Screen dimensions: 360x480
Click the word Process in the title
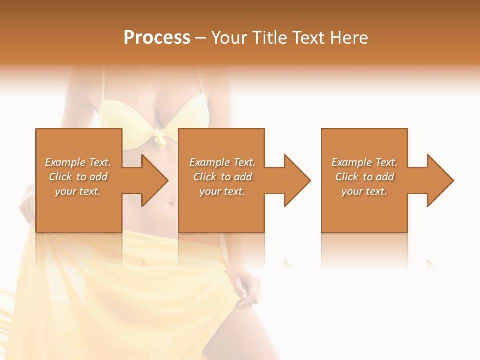pos(157,38)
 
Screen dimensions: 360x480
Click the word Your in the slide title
pos(230,38)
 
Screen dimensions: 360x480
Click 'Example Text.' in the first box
pos(78,162)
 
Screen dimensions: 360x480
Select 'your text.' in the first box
pos(78,192)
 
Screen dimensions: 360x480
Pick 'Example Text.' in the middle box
pos(222,162)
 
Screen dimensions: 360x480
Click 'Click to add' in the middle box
pos(222,177)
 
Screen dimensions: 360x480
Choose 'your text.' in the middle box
pos(222,192)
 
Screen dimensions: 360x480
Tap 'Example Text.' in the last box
pos(364,162)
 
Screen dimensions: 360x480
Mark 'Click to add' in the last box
pos(364,177)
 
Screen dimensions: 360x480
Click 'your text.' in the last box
pos(364,192)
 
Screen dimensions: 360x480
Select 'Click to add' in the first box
pos(78,177)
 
